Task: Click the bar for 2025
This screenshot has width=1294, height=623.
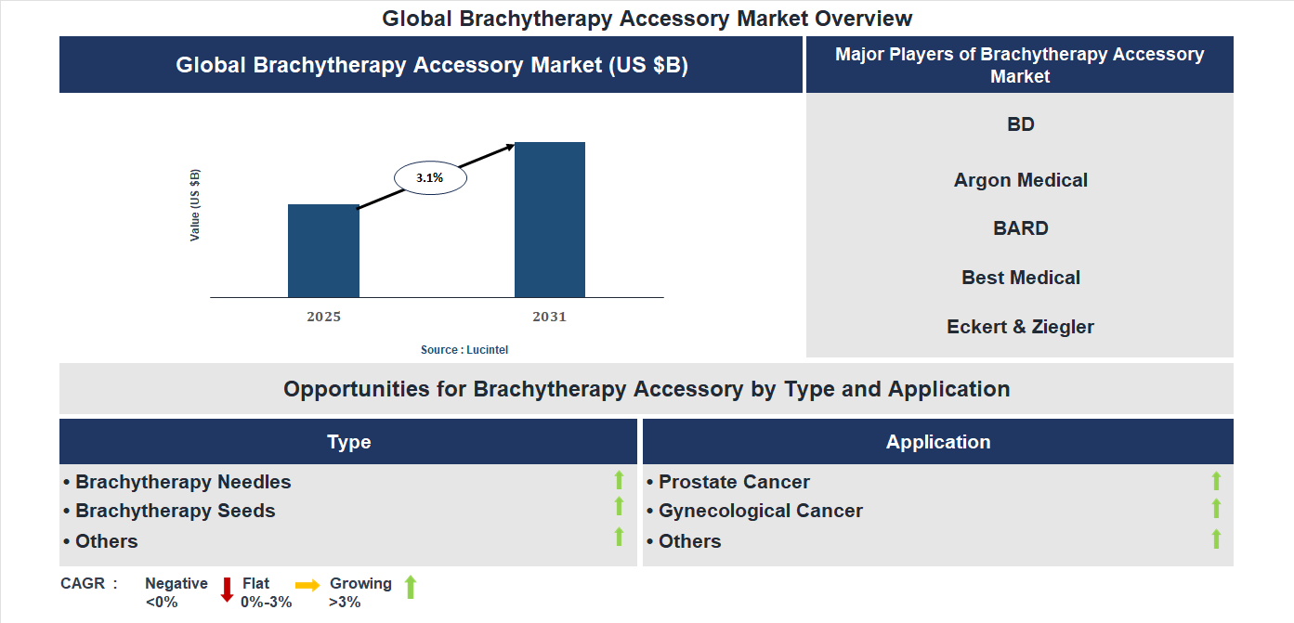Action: (323, 251)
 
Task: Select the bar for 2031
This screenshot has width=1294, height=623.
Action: (550, 220)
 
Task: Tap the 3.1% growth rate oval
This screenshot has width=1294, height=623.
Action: (430, 176)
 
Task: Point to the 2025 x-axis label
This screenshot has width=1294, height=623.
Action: (323, 317)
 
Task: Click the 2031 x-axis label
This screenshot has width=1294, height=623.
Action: (549, 317)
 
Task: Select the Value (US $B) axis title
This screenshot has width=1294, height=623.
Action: (195, 205)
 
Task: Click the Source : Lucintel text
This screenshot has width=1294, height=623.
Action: (464, 350)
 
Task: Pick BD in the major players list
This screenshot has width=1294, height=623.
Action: (1020, 124)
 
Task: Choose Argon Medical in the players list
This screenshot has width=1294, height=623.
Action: (1020, 180)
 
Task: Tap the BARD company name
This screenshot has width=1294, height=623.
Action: (1020, 228)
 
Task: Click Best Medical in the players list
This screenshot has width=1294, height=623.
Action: (1020, 278)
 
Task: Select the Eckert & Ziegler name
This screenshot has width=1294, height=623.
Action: (1020, 327)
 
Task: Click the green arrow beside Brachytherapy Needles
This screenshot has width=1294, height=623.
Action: (619, 480)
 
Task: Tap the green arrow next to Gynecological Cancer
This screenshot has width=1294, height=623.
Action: (1216, 509)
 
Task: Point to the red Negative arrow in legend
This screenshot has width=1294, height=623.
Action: (227, 590)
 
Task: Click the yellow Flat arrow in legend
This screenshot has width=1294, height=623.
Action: (307, 585)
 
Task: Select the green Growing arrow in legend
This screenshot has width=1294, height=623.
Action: (411, 587)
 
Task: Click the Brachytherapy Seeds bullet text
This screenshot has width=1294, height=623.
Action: (175, 511)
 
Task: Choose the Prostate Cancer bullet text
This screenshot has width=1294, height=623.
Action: (734, 482)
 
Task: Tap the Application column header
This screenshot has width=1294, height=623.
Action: (937, 442)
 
